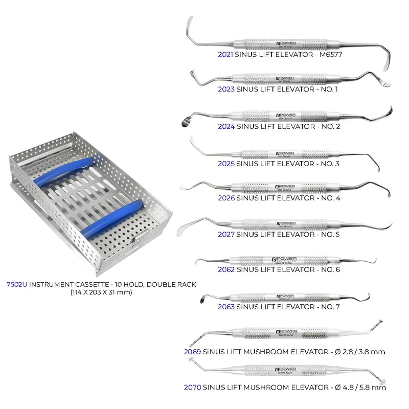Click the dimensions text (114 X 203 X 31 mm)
pos(101,292)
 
